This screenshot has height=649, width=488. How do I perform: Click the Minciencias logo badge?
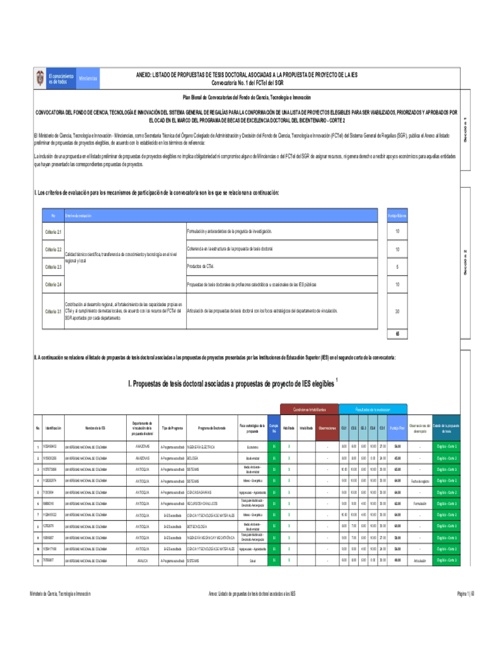click(x=88, y=78)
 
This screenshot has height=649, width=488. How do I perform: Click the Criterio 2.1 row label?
click(x=53, y=233)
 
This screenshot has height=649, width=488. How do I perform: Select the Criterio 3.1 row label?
click(x=53, y=312)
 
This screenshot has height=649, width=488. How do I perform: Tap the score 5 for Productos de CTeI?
click(x=397, y=267)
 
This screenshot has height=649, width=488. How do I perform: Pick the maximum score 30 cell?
click(x=397, y=312)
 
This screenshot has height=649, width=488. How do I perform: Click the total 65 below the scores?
click(x=397, y=334)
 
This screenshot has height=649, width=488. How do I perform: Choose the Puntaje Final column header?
click(x=397, y=429)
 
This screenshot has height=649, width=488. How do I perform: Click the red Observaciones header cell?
click(x=327, y=429)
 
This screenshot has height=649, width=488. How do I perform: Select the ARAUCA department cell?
click(x=143, y=560)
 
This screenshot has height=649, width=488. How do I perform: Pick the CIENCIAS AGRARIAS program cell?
click(x=203, y=492)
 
